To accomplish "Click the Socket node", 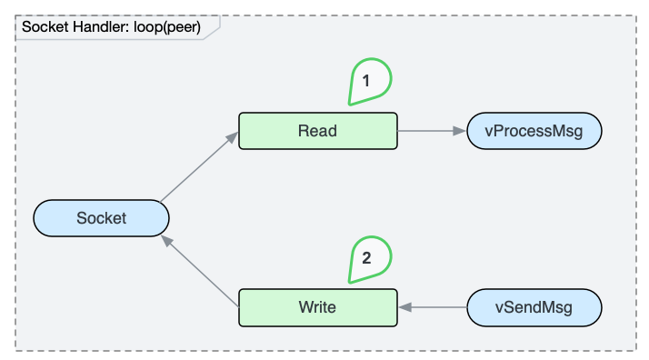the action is pos(101,218).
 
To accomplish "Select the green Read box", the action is pos(318,131).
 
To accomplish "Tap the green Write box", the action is pos(318,307).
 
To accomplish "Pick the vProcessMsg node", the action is pos(534,131).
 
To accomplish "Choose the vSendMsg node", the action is pos(534,307).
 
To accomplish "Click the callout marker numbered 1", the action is pos(370,82).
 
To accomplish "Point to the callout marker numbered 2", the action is pos(370,259).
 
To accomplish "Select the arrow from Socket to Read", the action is pos(199,166).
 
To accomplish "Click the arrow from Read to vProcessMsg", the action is pos(432,131).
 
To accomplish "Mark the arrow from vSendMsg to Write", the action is pos(433,307).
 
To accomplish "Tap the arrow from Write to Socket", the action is pos(199,271).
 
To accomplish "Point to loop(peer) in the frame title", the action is pos(167,27).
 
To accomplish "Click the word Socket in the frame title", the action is pos(45,27).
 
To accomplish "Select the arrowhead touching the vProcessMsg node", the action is pos(460,131).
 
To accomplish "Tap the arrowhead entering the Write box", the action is pos(404,307).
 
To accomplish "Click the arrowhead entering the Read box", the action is pos(232,137).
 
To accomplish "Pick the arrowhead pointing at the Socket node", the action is pos(167,241).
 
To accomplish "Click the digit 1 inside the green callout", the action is pos(366,81).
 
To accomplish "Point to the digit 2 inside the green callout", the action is pos(366,258).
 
